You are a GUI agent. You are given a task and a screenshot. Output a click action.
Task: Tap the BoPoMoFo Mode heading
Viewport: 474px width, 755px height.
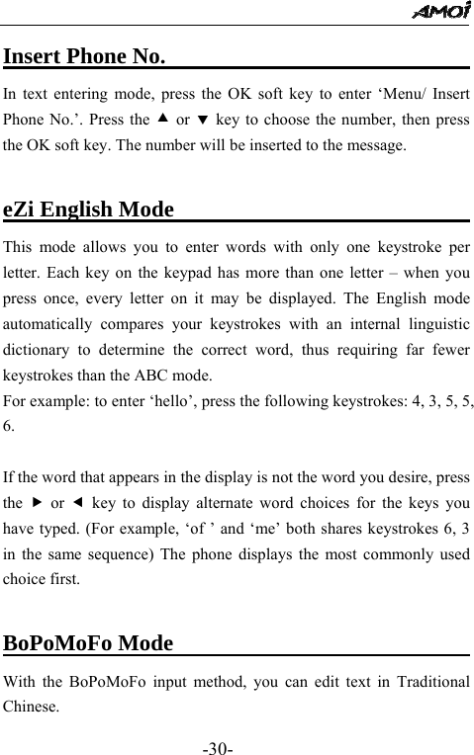tap(88, 644)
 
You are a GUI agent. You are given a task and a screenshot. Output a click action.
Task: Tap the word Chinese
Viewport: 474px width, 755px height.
tap(32, 708)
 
